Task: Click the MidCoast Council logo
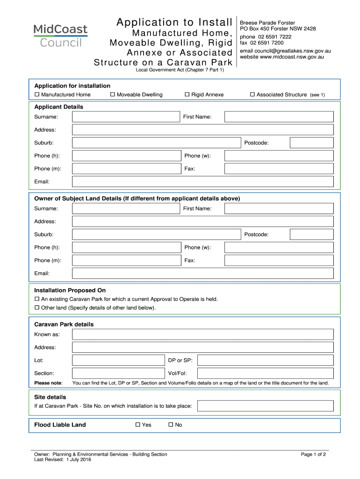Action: pos(60,36)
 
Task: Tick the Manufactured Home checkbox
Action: pos(37,95)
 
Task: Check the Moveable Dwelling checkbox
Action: pos(113,95)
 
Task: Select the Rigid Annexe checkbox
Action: pos(187,95)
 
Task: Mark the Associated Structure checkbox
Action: pos(252,95)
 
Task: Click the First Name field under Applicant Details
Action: pos(279,116)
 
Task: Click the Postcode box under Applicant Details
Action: pos(311,143)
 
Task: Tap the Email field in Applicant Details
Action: pos(203,181)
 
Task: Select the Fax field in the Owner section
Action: pos(279,260)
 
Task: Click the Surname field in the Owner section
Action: pos(126,208)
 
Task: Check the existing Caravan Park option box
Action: pos(37,299)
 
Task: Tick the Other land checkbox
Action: pos(37,308)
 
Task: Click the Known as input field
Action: pos(203,334)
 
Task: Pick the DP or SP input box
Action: pos(265,360)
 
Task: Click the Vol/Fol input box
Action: pos(265,373)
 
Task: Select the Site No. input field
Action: pos(265,406)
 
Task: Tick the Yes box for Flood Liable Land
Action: pos(138,425)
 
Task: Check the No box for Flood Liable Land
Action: pos(171,425)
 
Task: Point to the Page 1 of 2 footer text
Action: pos(313,454)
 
